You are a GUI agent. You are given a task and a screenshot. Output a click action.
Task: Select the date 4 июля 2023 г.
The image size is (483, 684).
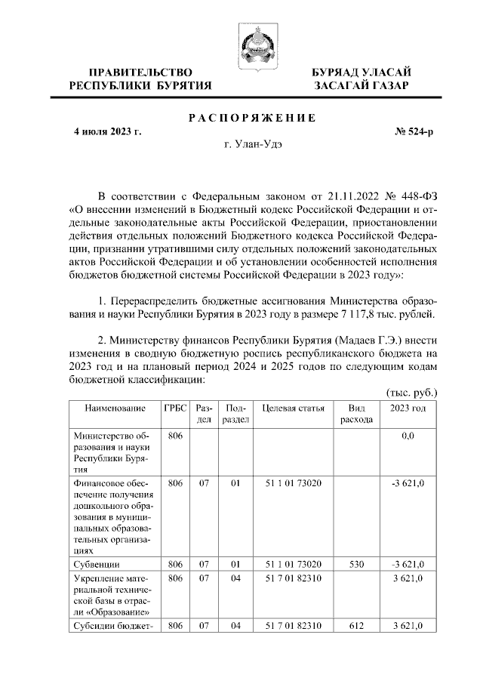pos(107,131)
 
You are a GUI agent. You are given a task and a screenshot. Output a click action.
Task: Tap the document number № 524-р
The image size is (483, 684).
pos(414,131)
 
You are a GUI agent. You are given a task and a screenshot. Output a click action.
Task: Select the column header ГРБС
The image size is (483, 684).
pos(175,408)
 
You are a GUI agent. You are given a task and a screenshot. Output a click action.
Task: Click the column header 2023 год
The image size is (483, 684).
pos(407,408)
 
